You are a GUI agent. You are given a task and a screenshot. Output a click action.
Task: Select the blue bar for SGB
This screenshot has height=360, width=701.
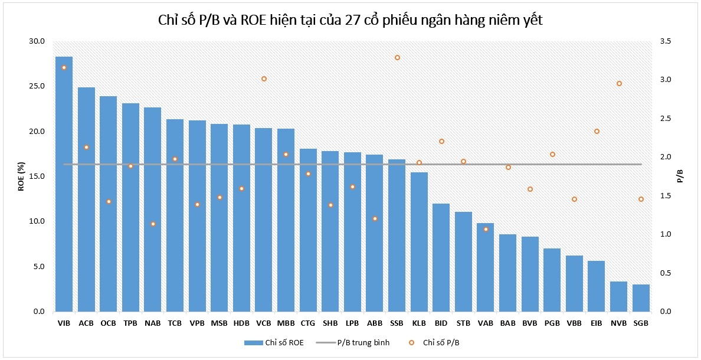[x=641, y=298]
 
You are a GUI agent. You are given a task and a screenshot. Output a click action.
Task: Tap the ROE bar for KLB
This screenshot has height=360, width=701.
[x=419, y=242]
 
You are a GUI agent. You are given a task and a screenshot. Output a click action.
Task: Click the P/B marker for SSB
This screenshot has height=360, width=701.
[x=397, y=58]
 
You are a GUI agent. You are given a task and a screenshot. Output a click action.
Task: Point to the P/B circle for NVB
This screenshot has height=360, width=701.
[x=619, y=84]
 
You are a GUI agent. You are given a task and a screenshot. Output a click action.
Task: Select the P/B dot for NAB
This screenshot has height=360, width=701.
[x=153, y=224]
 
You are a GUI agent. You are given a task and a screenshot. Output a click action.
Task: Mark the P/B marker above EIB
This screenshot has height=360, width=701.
[x=597, y=131]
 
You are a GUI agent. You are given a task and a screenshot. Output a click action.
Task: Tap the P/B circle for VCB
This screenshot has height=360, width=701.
[x=264, y=78]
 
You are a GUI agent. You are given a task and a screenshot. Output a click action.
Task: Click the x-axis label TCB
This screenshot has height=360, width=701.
[x=175, y=323]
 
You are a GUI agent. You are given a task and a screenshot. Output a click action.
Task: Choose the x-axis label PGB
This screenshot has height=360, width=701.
[x=552, y=323]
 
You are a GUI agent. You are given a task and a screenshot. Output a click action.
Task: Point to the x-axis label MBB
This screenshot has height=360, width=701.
[x=286, y=323]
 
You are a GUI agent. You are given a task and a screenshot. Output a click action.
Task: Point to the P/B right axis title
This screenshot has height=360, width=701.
[x=680, y=176]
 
